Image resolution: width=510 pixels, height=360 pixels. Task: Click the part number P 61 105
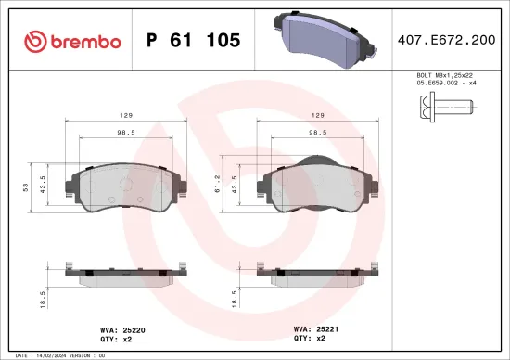click(194, 41)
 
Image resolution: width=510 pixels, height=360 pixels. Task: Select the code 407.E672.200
click(445, 41)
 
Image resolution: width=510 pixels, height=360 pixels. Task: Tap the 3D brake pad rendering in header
click(320, 37)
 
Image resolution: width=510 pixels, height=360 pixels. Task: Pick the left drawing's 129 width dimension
click(123, 116)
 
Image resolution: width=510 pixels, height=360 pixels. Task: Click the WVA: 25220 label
click(118, 328)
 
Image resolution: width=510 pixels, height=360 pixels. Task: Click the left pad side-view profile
click(124, 273)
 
